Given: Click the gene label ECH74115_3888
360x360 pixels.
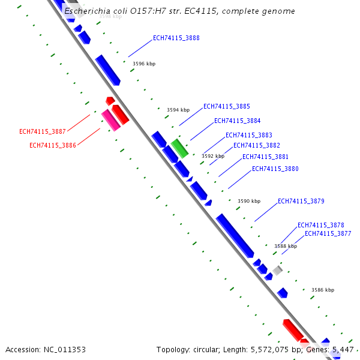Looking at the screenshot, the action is [x=176, y=38].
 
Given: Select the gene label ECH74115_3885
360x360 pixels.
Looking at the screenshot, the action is [x=227, y=106].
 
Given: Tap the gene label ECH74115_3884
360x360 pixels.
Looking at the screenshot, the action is [x=237, y=121].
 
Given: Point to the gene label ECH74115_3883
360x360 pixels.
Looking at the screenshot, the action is [x=248, y=135].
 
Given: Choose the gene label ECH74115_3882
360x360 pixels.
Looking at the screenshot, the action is [x=256, y=145].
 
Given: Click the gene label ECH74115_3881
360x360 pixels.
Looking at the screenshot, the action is [x=265, y=157].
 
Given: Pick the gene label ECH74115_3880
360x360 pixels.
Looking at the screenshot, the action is [x=275, y=169].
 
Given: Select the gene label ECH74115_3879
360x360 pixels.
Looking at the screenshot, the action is [x=301, y=201].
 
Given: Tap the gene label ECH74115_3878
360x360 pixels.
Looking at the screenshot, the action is [x=321, y=225].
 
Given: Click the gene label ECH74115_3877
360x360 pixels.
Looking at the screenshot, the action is [x=328, y=233].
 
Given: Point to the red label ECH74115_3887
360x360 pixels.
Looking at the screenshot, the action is [x=43, y=131].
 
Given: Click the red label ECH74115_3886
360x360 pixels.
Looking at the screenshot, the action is [x=53, y=145].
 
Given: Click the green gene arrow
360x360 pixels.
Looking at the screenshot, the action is [x=179, y=148].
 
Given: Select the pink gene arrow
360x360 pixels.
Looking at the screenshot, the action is [x=110, y=120].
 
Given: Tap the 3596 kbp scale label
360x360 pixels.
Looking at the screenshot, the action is [x=143, y=63].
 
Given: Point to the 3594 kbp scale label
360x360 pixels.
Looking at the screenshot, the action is [x=178, y=110].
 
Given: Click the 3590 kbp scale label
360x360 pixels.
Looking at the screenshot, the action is [x=249, y=201].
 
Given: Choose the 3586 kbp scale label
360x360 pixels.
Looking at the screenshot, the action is [x=323, y=290].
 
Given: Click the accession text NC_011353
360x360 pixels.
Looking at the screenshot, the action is [x=62, y=349].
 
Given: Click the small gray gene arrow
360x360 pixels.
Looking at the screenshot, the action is [x=277, y=270].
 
